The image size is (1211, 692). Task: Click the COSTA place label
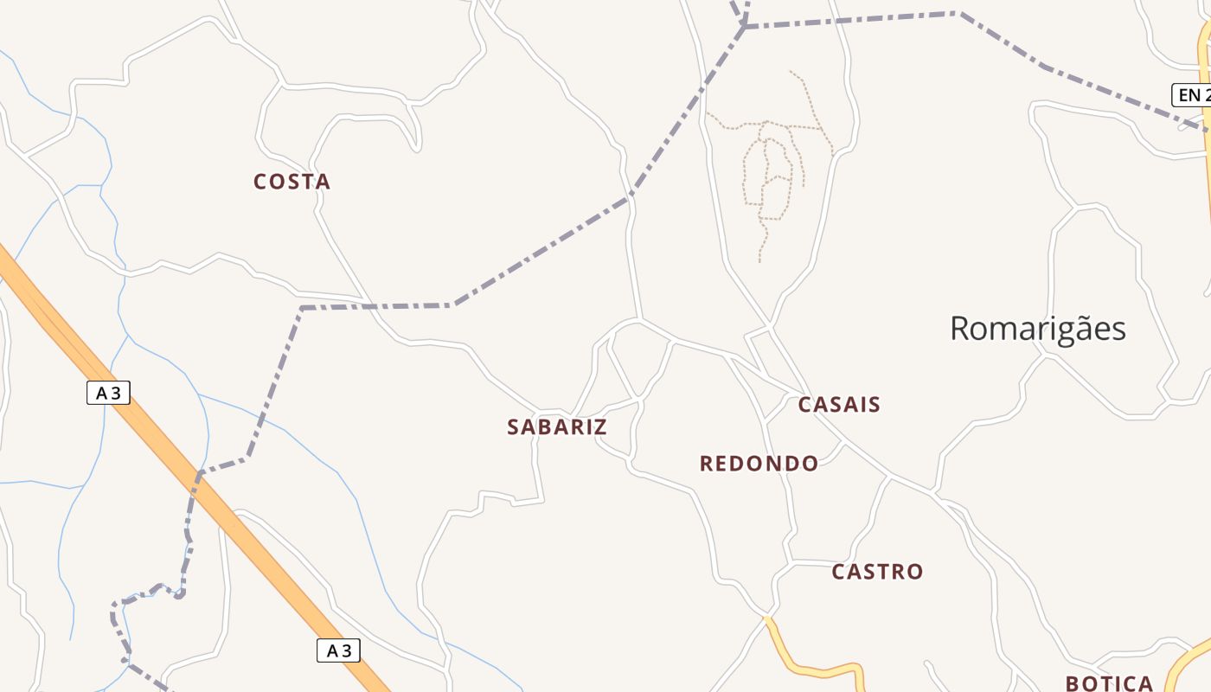292,182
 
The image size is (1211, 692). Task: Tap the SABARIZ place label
557,426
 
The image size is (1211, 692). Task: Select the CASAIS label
839,404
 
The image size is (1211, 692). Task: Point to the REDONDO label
759,464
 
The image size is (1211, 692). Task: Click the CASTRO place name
877,572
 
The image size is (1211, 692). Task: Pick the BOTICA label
1110,683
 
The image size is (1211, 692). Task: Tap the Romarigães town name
1038,329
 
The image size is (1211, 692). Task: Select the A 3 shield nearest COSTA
108,393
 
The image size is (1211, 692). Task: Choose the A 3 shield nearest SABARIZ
338,650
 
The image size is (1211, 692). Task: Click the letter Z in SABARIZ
599,426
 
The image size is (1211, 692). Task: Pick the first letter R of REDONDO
706,464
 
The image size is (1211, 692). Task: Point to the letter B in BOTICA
1073,683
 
